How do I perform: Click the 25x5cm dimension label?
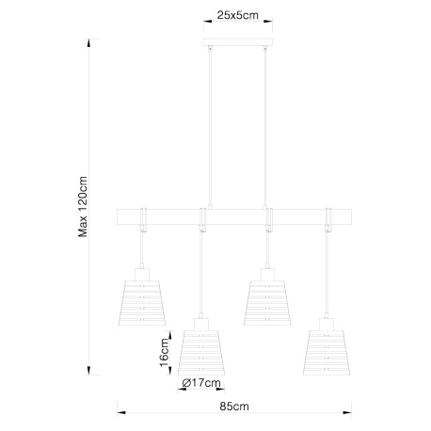[237, 15]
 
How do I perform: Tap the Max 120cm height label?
[83, 206]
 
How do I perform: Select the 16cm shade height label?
[164, 352]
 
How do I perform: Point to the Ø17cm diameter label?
[201, 383]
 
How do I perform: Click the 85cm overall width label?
[234, 407]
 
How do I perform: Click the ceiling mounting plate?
[238, 42]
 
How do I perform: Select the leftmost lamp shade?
[142, 303]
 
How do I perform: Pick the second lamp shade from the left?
[201, 353]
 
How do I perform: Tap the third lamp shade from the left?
[267, 303]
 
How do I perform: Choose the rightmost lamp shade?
[327, 353]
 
